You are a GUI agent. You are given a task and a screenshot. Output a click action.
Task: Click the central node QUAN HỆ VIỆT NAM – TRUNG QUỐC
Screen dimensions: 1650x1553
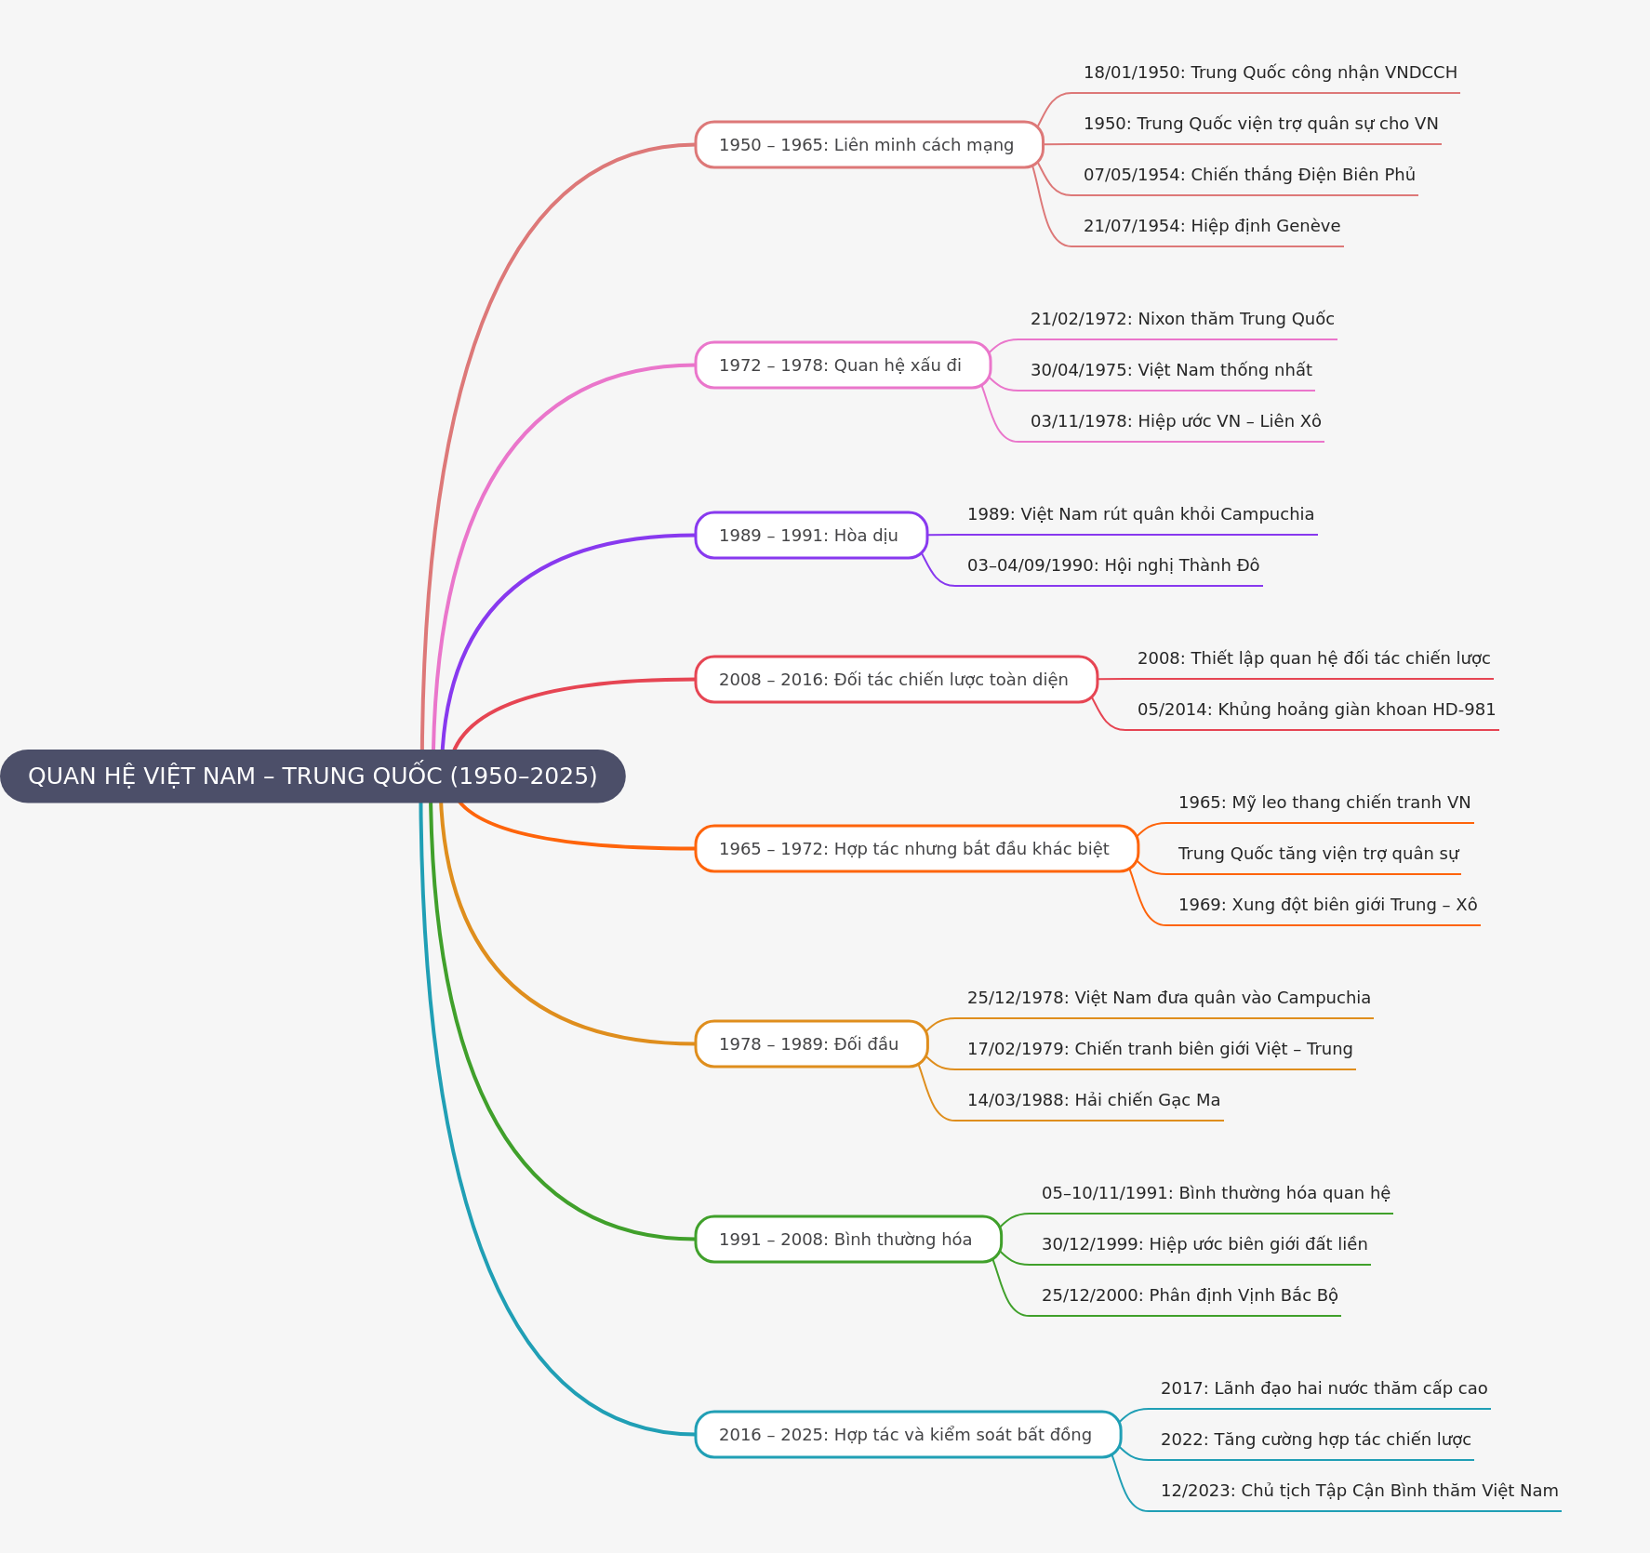click(x=313, y=776)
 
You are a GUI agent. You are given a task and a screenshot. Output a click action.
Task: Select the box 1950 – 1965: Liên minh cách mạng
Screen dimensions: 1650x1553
click(x=870, y=144)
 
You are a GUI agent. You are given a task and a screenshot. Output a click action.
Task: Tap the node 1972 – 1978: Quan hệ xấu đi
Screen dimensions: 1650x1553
click(x=843, y=365)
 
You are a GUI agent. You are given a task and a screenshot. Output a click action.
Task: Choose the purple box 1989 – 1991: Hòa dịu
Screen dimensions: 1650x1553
click(x=811, y=535)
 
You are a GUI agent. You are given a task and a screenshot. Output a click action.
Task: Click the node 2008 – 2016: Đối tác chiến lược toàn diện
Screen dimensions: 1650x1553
click(x=897, y=679)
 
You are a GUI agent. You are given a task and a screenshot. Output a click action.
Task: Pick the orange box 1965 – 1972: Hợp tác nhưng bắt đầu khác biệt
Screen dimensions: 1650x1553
click(x=917, y=848)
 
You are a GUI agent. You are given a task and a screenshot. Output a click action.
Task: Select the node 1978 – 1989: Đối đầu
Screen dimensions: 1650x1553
click(x=811, y=1043)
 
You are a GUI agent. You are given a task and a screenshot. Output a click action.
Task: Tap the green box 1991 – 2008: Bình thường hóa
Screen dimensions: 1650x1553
click(x=848, y=1239)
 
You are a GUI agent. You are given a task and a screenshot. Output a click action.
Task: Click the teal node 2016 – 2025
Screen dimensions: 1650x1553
click(x=908, y=1434)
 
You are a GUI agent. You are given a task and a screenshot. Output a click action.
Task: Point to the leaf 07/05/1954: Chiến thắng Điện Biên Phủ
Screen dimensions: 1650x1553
click(x=1249, y=175)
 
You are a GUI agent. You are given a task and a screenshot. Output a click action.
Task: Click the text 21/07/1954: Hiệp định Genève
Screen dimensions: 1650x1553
click(x=1212, y=226)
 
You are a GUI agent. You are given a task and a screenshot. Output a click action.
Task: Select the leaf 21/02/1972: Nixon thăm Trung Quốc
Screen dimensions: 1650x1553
click(x=1182, y=319)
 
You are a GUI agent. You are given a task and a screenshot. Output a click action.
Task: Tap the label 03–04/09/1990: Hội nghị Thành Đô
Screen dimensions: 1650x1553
click(x=1113, y=565)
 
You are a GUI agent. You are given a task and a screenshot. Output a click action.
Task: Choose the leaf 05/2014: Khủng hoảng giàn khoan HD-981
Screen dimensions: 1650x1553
click(x=1316, y=710)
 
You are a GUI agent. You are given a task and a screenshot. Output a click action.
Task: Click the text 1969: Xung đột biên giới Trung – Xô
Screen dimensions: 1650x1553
click(x=1327, y=905)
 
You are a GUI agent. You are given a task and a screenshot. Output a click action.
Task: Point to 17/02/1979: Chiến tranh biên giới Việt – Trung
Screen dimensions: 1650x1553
click(x=1160, y=1049)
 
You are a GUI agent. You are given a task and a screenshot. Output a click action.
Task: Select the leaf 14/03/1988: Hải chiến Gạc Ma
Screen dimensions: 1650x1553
click(x=1094, y=1100)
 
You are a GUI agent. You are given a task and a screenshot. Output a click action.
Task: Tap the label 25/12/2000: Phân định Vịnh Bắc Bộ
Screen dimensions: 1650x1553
click(x=1190, y=1295)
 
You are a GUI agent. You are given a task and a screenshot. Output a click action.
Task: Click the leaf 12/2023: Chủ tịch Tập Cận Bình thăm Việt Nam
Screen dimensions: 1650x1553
click(x=1359, y=1491)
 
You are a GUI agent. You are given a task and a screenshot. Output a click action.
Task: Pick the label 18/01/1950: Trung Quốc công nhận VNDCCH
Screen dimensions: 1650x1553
click(x=1271, y=73)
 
